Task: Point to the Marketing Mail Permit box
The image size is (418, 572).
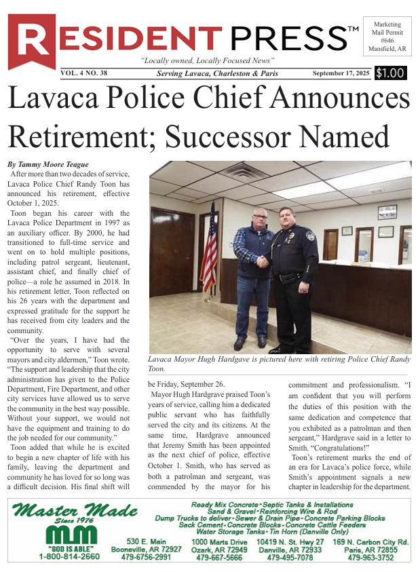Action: (x=387, y=36)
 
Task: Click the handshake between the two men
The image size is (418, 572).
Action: (x=263, y=260)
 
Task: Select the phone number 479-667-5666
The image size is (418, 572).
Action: (x=219, y=557)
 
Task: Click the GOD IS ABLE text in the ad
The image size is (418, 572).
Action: (x=59, y=548)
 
